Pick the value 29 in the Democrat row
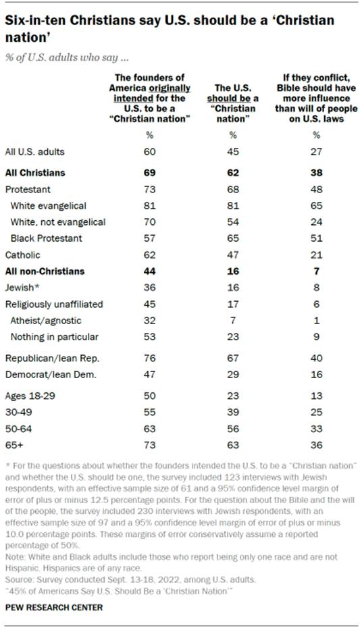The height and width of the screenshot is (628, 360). (x=230, y=373)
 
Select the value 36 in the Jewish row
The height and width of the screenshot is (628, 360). (x=149, y=287)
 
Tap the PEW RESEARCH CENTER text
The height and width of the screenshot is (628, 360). (x=54, y=606)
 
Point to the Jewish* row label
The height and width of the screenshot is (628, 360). (x=23, y=287)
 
